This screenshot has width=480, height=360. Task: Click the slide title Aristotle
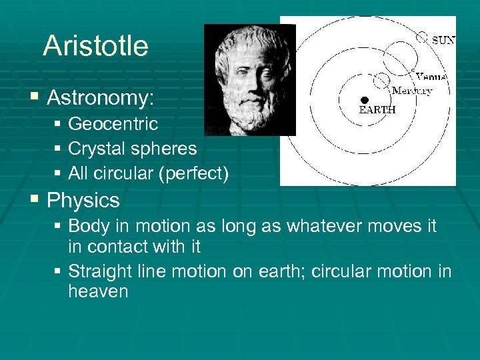pyautogui.click(x=95, y=46)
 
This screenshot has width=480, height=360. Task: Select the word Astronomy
pyautogui.click(x=100, y=99)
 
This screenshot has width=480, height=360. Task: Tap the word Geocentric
pyautogui.click(x=113, y=124)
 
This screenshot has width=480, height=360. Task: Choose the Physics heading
pyautogui.click(x=83, y=201)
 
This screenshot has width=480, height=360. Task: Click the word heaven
pyautogui.click(x=98, y=291)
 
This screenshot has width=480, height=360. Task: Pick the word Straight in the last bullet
pyautogui.click(x=95, y=271)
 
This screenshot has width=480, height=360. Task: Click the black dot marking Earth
pyautogui.click(x=365, y=99)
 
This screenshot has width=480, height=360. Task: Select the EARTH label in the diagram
pyautogui.click(x=377, y=110)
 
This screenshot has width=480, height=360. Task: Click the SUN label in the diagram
pyautogui.click(x=443, y=40)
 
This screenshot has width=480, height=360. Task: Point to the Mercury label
pyautogui.click(x=411, y=91)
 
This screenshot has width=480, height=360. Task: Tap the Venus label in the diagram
pyautogui.click(x=431, y=77)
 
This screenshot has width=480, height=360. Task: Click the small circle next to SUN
pyautogui.click(x=422, y=37)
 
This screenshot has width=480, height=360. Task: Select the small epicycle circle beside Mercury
pyautogui.click(x=381, y=81)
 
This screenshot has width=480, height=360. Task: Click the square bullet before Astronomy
pyautogui.click(x=35, y=98)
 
